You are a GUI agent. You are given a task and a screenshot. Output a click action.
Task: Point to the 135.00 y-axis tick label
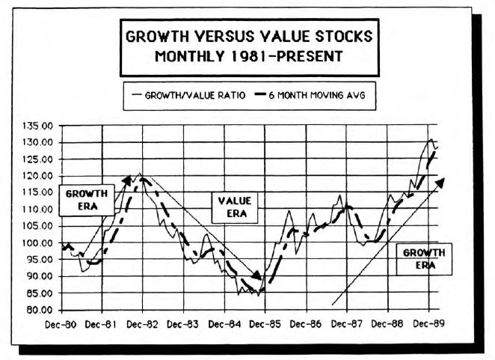pos(37,125)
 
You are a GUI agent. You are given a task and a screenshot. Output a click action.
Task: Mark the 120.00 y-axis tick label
pos(37,176)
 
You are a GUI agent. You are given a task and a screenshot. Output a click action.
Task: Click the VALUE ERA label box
pos(234,207)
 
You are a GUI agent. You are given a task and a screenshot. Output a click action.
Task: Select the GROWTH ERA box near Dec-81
pos(87,199)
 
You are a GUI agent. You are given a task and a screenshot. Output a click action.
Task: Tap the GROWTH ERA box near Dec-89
pos(424,259)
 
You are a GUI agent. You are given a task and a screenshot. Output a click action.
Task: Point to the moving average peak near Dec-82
pos(140,180)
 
